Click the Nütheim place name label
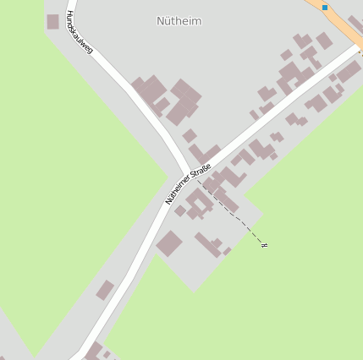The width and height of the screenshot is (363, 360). [x=179, y=20]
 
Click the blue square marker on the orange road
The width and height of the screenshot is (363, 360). [x=325, y=7]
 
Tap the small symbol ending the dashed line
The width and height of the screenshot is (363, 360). [x=265, y=245]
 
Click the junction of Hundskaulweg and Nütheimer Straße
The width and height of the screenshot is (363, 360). [x=184, y=172]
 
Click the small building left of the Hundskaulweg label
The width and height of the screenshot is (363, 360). [x=52, y=21]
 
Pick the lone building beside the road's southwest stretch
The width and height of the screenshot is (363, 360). [x=105, y=291]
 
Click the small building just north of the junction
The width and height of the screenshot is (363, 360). [x=190, y=135]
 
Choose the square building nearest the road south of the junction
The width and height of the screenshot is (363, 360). [x=169, y=243]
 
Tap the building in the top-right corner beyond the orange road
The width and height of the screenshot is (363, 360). [x=355, y=24]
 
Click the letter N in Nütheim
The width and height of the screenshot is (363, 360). [x=162, y=20]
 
